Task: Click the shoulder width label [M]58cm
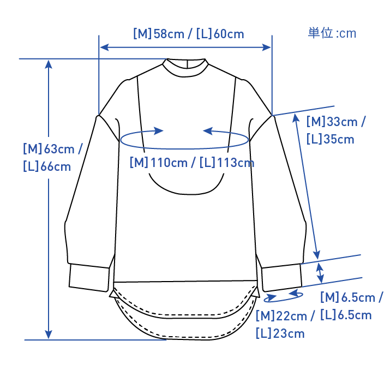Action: point(158,34)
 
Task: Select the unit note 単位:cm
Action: point(332,33)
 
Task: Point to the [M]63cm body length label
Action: point(52,148)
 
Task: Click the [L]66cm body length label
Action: point(47,166)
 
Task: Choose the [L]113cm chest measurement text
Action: point(227,162)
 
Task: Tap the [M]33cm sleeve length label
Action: point(335,121)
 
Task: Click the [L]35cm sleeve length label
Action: point(331,139)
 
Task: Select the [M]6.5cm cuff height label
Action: point(351,297)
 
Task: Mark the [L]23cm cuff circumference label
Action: point(280,333)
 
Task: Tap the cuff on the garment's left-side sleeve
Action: point(89,278)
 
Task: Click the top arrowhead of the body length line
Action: point(49,64)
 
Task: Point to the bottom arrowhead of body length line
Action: point(49,334)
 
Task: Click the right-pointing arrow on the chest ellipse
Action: point(157,131)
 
